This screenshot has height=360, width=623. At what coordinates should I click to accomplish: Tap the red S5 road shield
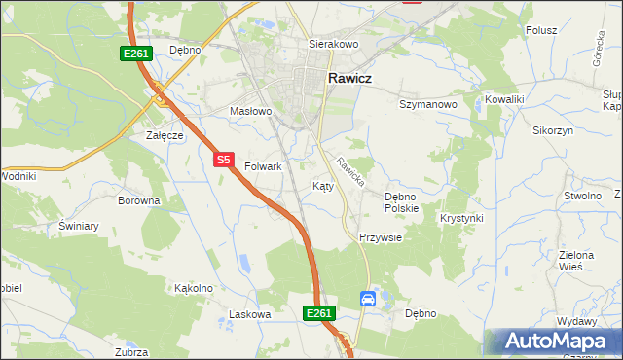pos(224,159)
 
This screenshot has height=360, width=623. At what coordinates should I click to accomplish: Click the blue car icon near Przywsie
pos(368,299)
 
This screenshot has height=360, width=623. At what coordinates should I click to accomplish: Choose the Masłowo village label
pos(250,112)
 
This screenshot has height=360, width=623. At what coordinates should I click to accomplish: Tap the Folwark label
pos(263,166)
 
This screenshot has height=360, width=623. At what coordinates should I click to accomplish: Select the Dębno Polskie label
pos(401,202)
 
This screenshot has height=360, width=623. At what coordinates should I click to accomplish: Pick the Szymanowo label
pos(428,103)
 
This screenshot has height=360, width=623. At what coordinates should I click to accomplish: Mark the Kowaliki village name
pos(505,99)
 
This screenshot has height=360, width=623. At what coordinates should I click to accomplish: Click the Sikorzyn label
pos(553,129)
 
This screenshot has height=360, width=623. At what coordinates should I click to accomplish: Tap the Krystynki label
pos(461,218)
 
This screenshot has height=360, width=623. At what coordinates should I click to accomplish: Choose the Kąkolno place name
pos(193,288)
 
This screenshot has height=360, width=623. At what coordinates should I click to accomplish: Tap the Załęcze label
pos(165,135)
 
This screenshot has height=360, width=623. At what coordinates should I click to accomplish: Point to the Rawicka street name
pos(351,173)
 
